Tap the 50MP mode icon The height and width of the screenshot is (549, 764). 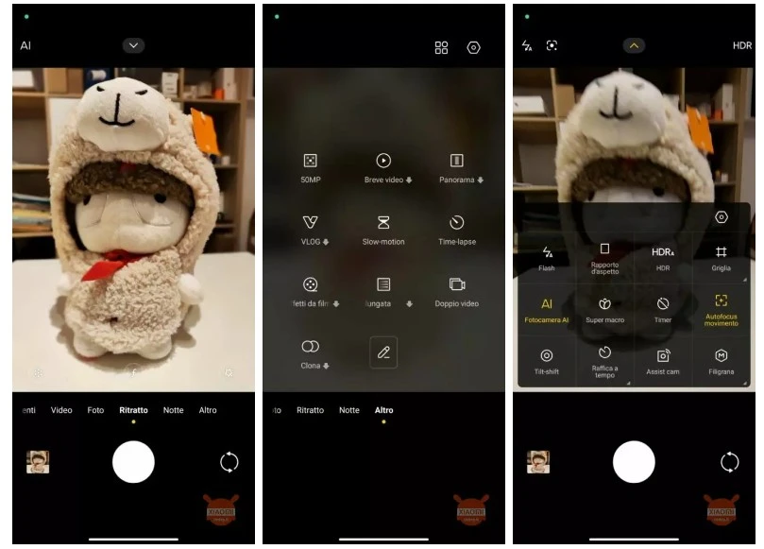pos(310,162)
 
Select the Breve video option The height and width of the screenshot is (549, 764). pos(383,162)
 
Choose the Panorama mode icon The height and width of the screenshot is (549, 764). pos(457,162)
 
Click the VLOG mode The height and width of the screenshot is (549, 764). pos(310,223)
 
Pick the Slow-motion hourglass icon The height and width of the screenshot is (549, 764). pos(383,223)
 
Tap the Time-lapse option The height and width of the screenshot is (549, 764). pos(457,223)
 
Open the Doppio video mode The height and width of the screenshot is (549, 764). pos(457,284)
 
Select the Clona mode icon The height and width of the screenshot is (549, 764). pos(310,347)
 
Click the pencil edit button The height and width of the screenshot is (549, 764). pos(383,352)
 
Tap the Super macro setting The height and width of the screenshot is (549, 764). pos(604,304)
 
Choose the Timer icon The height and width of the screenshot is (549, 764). pos(663,304)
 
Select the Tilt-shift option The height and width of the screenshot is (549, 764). pos(546,355)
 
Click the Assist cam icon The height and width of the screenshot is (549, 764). pos(663,355)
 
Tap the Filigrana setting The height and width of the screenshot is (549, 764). pos(722,355)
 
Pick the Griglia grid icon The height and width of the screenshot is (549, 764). pos(722,252)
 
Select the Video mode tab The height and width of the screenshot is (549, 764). pos(61,410)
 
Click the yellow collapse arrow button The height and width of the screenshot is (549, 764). pos(634,45)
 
